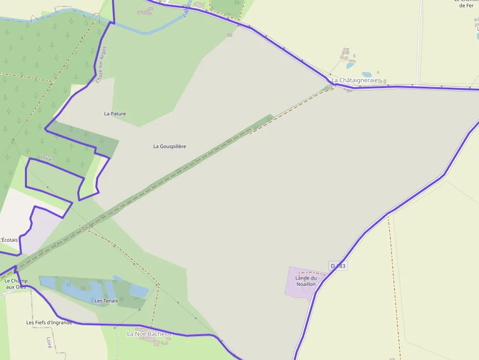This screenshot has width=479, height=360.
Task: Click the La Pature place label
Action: (x=115, y=114)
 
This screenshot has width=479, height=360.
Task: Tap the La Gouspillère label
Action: (x=170, y=147)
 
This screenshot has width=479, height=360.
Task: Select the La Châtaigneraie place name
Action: (x=355, y=80)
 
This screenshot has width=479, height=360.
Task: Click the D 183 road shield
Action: (x=338, y=266)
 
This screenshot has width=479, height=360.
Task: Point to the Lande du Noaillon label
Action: (x=305, y=281)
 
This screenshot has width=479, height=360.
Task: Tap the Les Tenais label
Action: (x=106, y=301)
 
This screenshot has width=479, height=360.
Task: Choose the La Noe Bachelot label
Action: (x=149, y=334)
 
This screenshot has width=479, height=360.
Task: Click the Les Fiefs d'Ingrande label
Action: (x=49, y=322)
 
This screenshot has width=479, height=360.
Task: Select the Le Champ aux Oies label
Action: (x=15, y=284)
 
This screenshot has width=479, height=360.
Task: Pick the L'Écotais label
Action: (x=9, y=240)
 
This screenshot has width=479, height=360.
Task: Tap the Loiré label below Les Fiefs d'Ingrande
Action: (x=49, y=342)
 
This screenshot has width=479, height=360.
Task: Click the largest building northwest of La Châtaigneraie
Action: (x=346, y=51)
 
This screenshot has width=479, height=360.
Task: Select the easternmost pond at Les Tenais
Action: (x=138, y=292)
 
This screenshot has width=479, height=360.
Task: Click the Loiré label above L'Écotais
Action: (x=46, y=159)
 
